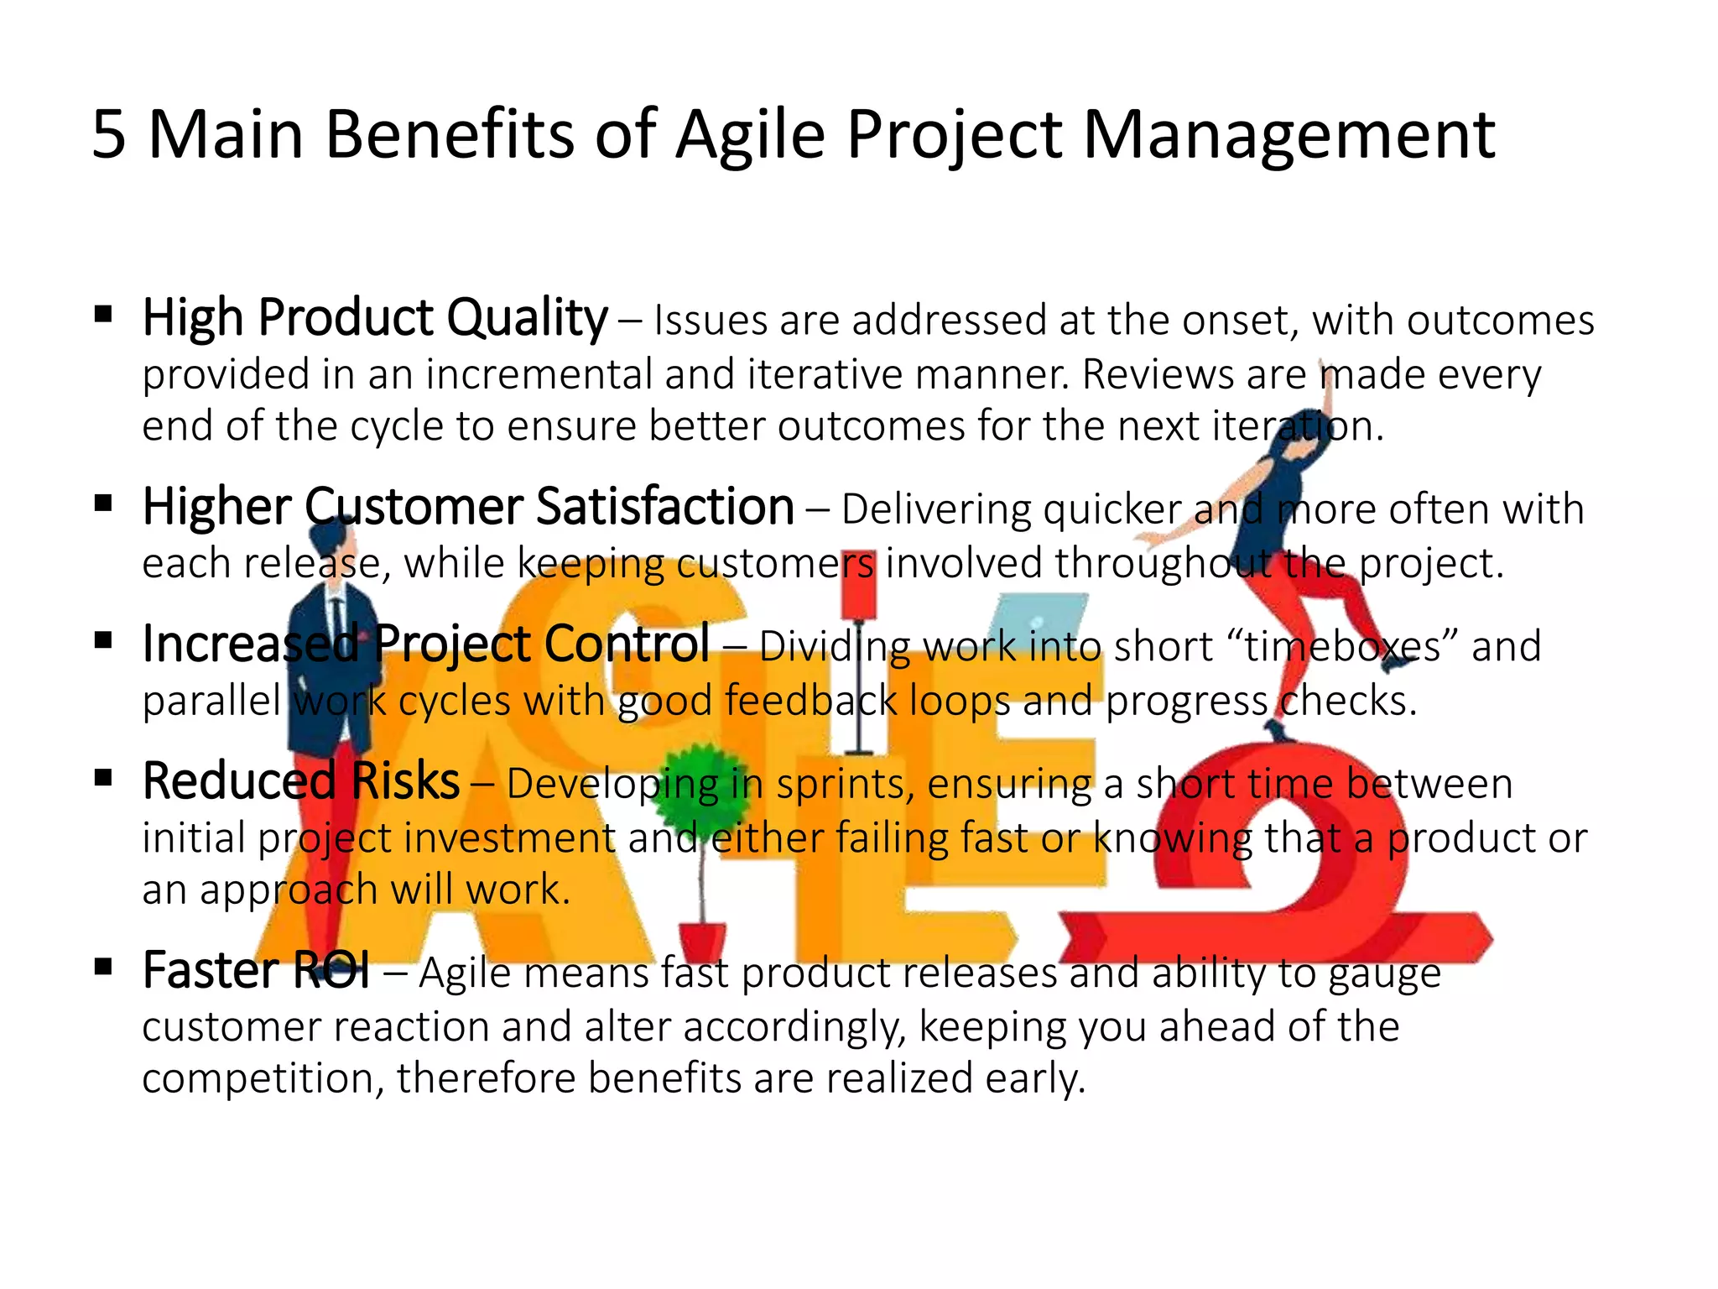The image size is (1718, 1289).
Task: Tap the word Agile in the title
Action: pos(751,136)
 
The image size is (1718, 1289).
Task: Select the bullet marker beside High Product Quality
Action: pos(104,315)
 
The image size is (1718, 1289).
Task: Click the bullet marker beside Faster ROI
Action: pos(104,967)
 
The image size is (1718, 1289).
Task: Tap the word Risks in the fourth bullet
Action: pos(405,781)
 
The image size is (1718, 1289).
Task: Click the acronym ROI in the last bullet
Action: pos(331,971)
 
